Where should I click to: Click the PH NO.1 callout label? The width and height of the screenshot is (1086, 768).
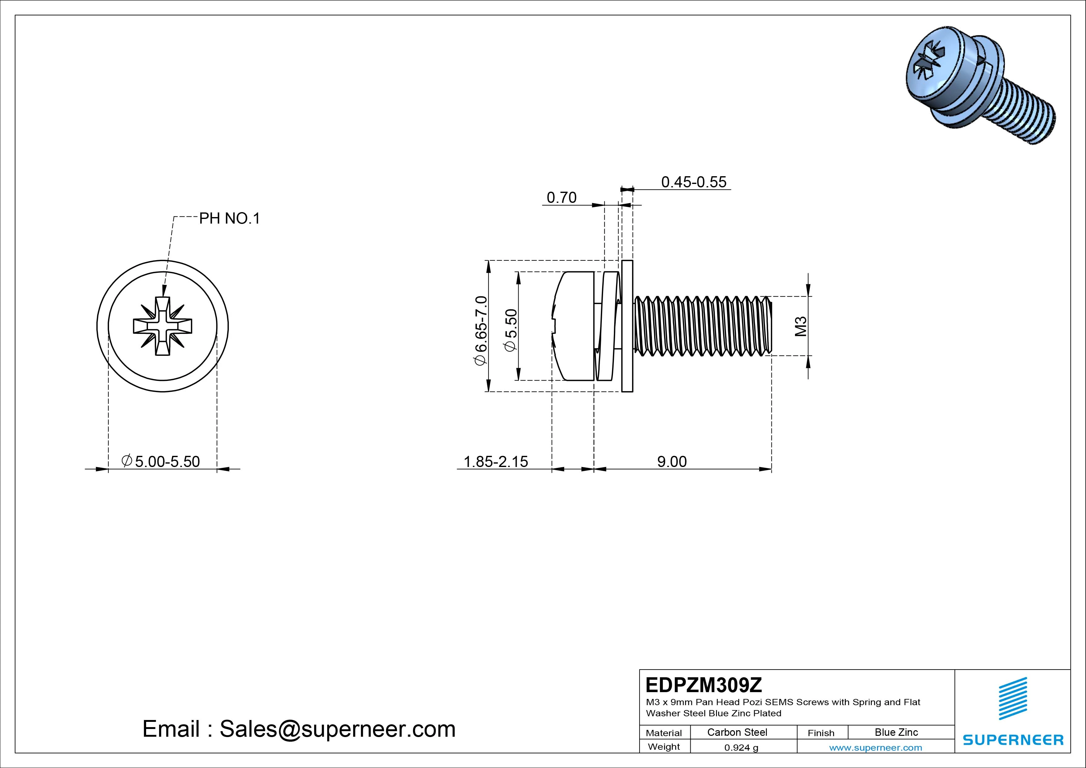229,219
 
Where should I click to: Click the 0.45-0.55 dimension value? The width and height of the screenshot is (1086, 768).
693,182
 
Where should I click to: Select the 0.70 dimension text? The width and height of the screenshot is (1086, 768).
562,197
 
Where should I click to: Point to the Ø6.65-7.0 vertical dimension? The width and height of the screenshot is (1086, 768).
480,330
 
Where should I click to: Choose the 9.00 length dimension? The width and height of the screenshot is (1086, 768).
672,461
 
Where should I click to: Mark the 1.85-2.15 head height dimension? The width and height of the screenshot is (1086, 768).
496,461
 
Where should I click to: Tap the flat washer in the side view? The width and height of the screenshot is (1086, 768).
627,326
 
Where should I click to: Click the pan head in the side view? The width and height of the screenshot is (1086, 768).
575,326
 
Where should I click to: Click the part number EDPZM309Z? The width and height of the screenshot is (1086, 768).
704,685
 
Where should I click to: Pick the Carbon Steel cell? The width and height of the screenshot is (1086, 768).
737,732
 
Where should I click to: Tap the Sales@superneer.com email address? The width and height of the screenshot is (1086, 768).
337,729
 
